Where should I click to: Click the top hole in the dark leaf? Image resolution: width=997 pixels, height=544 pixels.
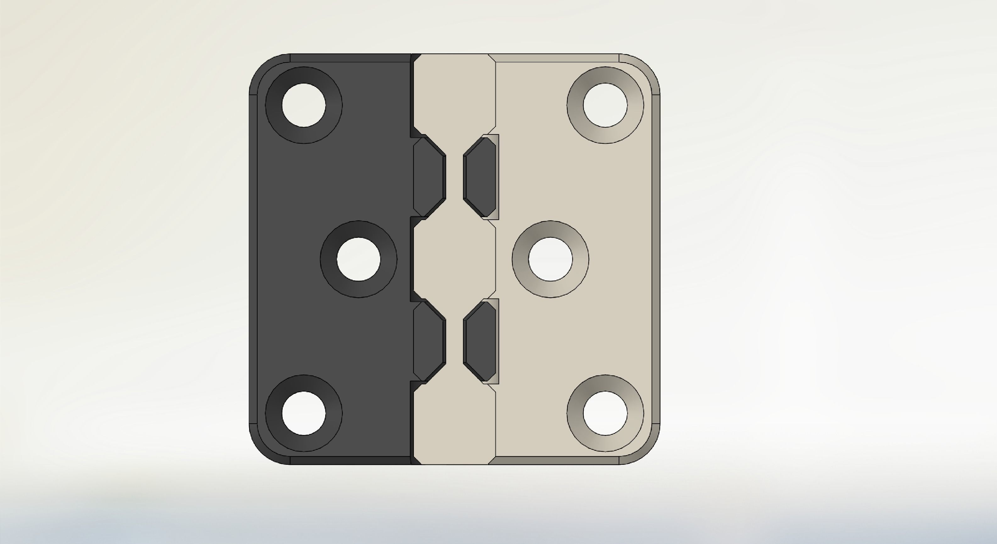[304, 105]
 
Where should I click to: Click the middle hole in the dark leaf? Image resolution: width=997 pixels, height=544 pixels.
[359, 259]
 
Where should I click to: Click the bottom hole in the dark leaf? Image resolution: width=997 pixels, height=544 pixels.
[304, 413]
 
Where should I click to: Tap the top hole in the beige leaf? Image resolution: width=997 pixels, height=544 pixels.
[605, 105]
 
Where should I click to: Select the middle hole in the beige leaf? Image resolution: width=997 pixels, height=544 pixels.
[550, 259]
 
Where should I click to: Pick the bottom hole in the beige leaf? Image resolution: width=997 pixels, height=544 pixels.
[605, 413]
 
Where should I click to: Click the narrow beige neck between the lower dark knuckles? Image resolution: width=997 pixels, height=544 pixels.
[454, 341]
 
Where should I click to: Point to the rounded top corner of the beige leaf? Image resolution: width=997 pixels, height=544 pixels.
[646, 68]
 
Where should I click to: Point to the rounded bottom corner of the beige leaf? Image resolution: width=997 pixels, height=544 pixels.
[646, 450]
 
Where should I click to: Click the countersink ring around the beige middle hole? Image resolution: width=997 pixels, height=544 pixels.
[521, 259]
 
